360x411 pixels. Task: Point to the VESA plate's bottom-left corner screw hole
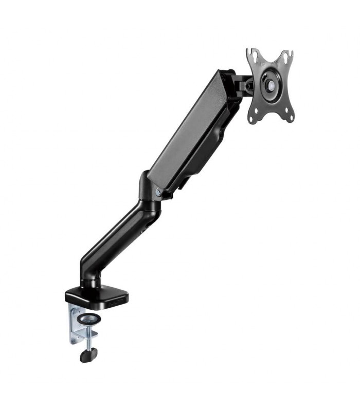click(x=253, y=119)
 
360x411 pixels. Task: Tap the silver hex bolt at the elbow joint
click(x=158, y=192)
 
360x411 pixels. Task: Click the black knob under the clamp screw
click(x=88, y=354)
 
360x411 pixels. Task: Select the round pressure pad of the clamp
click(x=94, y=317)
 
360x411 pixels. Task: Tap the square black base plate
click(x=98, y=294)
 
